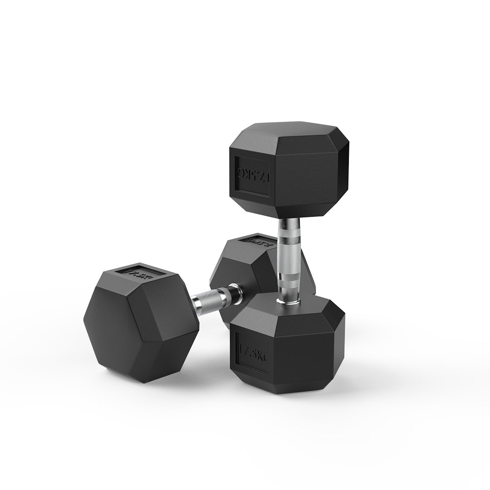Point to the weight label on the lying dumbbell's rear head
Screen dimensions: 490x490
257,240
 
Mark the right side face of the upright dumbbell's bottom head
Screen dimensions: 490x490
338,345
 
